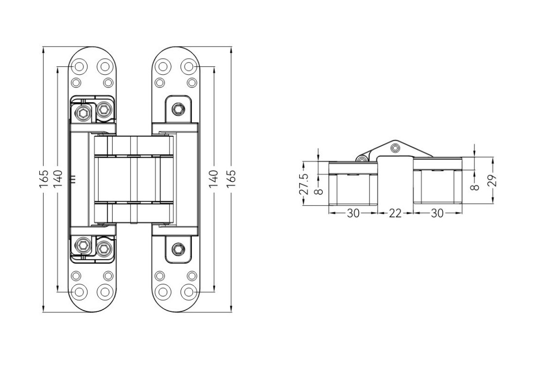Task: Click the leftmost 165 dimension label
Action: [44, 179]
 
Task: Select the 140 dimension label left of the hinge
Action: [57, 179]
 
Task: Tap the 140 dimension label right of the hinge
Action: [214, 179]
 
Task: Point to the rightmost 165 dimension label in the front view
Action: [231, 179]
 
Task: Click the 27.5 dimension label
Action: [304, 182]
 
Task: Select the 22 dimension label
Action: [395, 213]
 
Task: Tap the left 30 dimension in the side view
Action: [353, 213]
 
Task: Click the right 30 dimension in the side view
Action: [437, 213]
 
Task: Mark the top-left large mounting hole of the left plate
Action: [78, 66]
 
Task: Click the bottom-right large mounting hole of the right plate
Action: [189, 292]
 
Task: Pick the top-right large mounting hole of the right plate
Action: [189, 66]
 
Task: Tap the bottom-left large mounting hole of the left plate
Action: [78, 292]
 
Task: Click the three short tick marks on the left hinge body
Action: [73, 179]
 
